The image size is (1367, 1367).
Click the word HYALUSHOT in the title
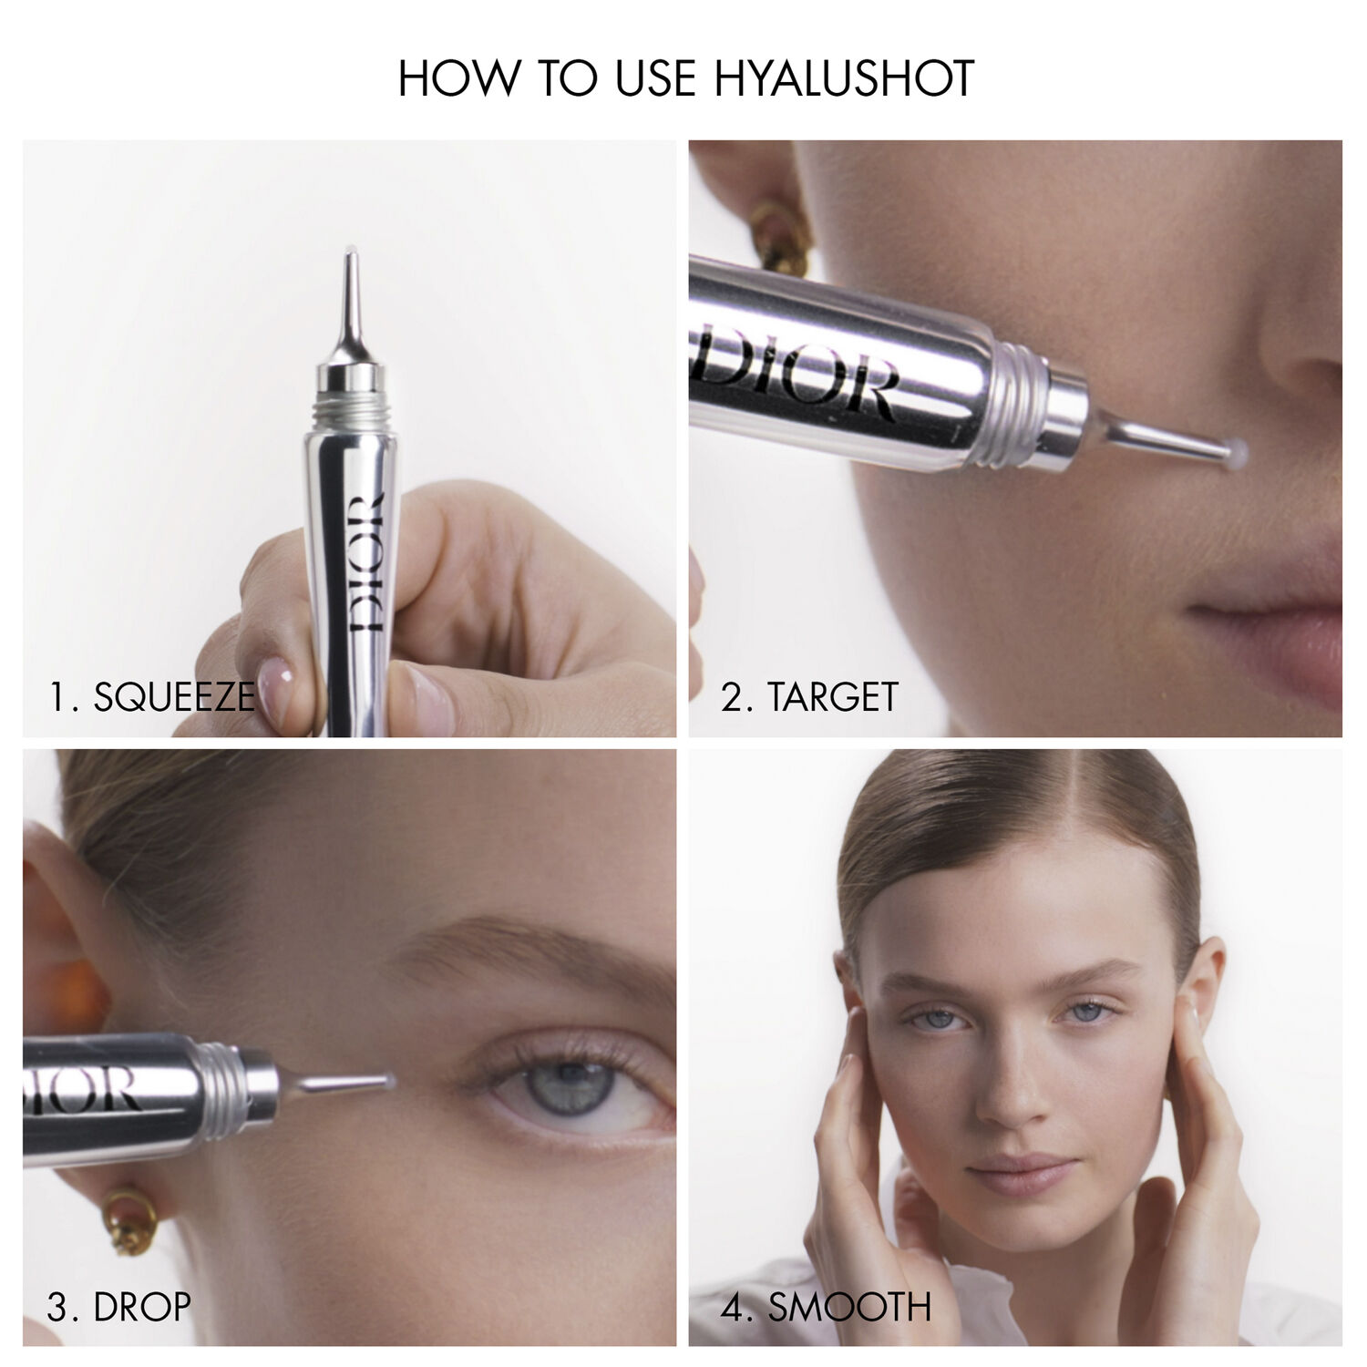point(844,78)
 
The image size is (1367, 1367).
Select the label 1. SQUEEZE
point(151,697)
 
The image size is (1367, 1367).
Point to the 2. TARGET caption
point(809,697)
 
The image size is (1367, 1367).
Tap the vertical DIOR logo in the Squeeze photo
point(364,565)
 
